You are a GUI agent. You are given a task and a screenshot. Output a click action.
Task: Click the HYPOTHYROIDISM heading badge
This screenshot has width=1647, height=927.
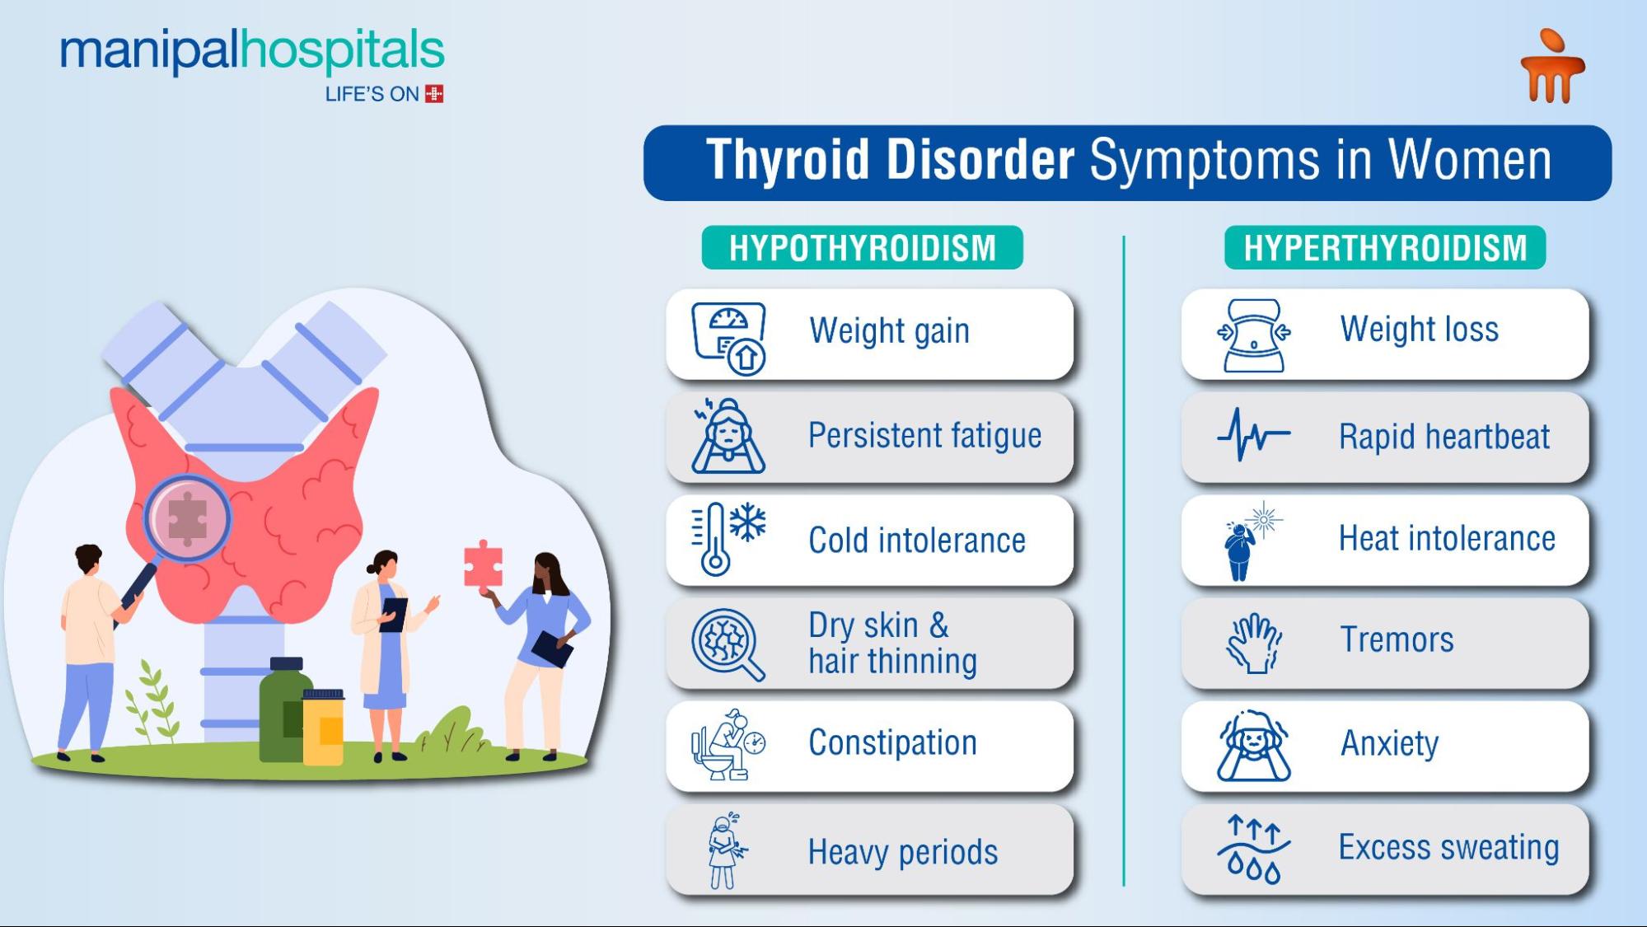pos(862,247)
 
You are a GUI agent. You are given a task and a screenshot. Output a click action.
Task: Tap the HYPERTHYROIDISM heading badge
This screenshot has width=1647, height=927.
pos(1385,247)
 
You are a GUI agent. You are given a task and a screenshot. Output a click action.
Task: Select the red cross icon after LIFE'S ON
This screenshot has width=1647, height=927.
pos(434,94)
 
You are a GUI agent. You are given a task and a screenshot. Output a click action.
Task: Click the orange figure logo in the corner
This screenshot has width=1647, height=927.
pos(1552,67)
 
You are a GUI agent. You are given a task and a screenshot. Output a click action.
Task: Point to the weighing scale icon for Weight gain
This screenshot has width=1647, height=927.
pos(729,337)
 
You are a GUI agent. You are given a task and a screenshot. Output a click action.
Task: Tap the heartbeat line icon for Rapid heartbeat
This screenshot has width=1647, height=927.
pos(1253,436)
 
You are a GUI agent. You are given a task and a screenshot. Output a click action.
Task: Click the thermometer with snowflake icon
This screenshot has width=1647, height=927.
pos(728,538)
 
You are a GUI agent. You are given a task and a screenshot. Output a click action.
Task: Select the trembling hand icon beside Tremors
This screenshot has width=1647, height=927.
pos(1253,644)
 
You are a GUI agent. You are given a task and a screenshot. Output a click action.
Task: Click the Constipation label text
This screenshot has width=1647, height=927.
pos(892,742)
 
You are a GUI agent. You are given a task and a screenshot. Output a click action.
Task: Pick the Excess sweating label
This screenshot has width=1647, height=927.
pos(1448,847)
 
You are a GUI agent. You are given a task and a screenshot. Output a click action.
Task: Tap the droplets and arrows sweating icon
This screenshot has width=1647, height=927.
pos(1253,850)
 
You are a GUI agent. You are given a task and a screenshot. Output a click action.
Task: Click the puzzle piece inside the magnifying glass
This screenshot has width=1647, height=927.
pos(187,518)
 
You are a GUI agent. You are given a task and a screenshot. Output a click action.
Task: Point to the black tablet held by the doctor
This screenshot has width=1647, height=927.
pos(395,614)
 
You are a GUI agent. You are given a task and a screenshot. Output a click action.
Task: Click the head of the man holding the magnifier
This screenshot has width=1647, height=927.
pos(87,560)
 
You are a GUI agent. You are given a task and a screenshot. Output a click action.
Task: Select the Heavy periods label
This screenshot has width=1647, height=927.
pos(902,852)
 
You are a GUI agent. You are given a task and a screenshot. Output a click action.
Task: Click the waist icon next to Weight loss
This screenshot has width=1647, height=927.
pos(1253,335)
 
